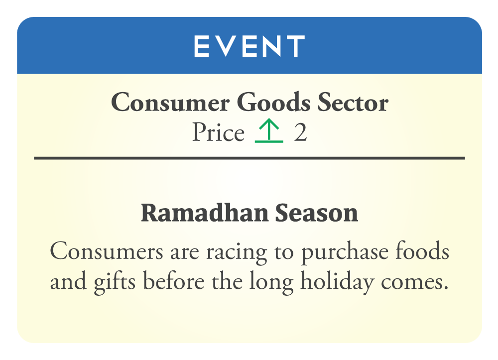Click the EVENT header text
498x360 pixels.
click(249, 46)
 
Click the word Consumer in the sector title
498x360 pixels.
click(170, 103)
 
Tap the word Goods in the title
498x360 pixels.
click(273, 102)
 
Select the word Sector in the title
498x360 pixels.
click(353, 103)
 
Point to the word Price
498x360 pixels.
click(219, 132)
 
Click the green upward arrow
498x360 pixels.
click(269, 130)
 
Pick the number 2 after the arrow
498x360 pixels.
click(300, 132)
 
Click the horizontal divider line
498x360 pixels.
click(249, 158)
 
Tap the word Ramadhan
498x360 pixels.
click(205, 213)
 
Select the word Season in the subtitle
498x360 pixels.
click(317, 213)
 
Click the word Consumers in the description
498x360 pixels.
click(107, 251)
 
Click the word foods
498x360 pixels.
click(422, 251)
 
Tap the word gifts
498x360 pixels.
click(115, 282)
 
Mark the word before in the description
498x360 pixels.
click(174, 281)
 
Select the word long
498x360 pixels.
click(271, 282)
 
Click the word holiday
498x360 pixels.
click(337, 282)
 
